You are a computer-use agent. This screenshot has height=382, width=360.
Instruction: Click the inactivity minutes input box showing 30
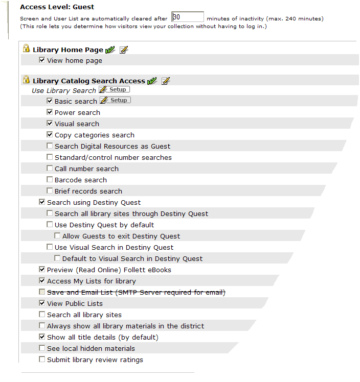188,17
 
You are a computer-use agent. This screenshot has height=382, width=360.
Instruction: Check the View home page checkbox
42,60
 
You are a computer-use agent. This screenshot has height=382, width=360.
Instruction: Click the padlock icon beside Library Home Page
26,49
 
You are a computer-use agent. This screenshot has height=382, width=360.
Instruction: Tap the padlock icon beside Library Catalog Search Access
26,80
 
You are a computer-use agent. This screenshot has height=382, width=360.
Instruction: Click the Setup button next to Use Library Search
118,90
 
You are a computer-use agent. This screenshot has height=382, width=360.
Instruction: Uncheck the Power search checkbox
50,112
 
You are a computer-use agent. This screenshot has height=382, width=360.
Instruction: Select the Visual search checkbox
50,124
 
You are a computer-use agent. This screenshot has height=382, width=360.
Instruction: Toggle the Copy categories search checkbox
50,135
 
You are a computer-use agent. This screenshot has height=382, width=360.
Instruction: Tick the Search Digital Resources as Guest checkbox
50,146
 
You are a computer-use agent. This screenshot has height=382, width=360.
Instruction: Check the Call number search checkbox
50,169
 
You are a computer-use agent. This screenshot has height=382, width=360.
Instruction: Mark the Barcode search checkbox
50,180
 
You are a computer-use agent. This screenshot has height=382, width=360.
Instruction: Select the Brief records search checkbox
50,191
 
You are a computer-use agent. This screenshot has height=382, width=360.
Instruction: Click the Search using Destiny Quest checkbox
42,202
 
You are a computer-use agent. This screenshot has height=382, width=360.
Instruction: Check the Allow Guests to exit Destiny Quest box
57,236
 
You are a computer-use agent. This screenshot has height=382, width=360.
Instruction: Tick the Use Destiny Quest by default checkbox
50,225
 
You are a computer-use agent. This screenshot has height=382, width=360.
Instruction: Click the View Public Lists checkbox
42,303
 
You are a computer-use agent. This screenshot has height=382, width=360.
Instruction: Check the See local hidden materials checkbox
42,348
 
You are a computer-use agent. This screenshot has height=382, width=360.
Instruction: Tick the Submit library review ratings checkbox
42,360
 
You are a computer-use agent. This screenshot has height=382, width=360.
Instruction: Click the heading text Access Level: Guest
57,7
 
